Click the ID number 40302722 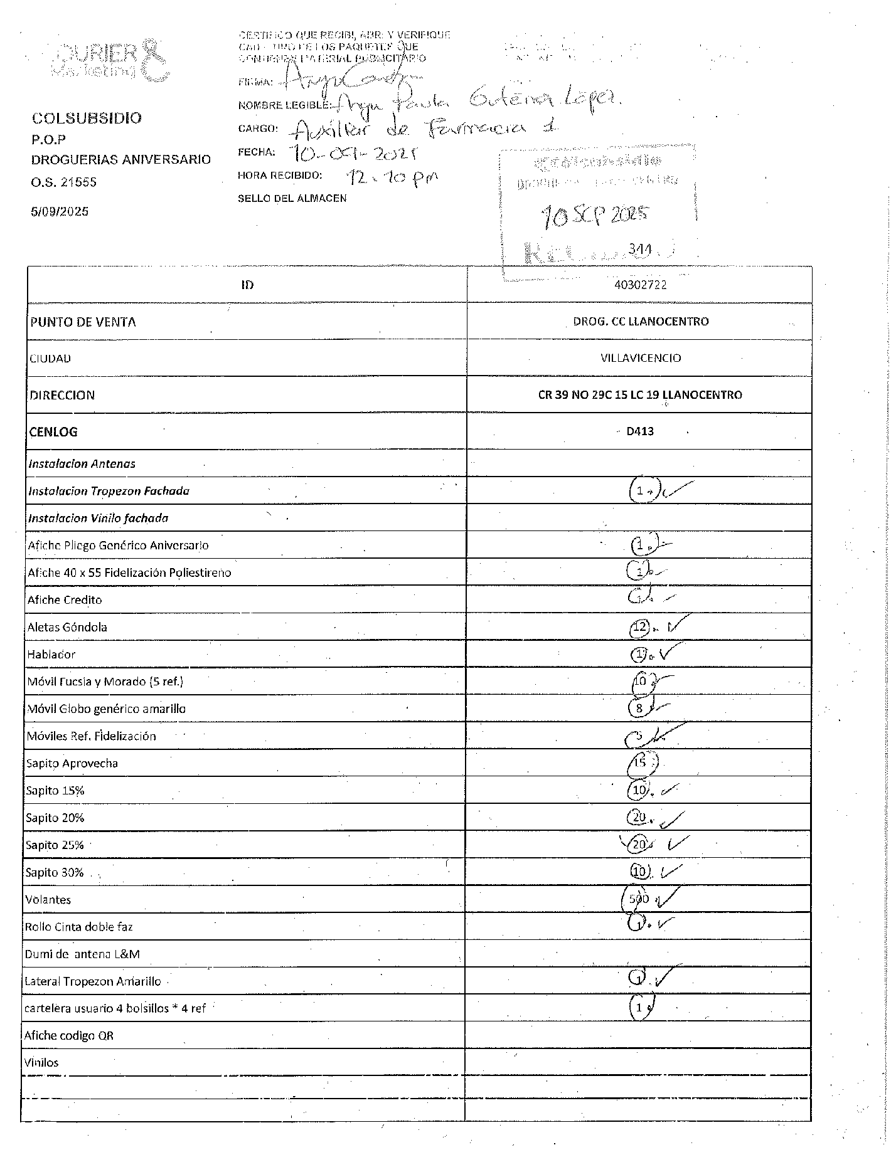(640, 285)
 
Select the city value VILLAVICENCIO (640, 358)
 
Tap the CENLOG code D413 (640, 431)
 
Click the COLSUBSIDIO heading (87, 118)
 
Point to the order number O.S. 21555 (64, 182)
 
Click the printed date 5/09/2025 (60, 211)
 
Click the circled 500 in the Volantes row (639, 899)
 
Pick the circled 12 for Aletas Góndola (640, 626)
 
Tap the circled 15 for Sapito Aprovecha (640, 763)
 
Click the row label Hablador (51, 654)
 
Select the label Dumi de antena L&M (82, 954)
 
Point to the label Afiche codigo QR (69, 1035)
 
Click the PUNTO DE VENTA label (83, 322)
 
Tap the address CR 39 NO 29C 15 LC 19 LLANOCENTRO (640, 394)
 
